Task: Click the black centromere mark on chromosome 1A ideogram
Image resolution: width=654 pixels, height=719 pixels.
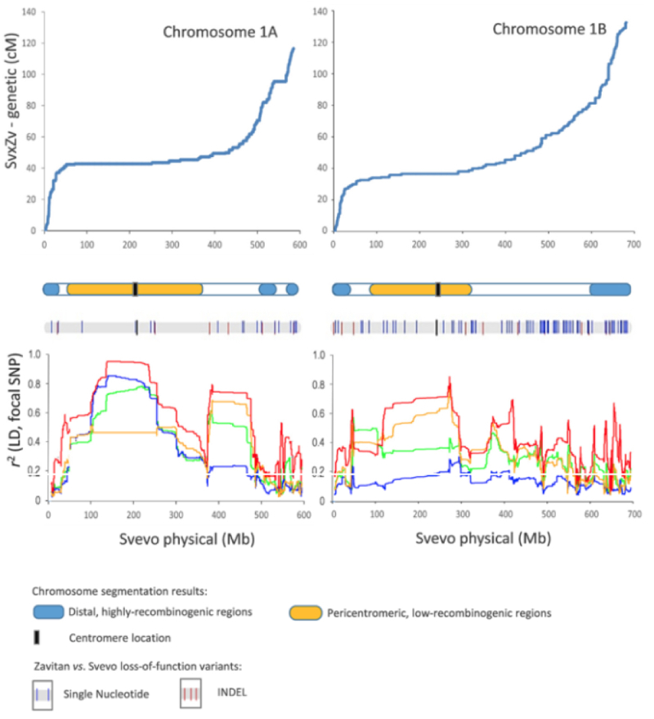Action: coord(136,289)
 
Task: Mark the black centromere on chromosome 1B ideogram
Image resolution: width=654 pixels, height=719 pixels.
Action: coord(439,289)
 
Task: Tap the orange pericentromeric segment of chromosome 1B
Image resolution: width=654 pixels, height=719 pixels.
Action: coord(420,289)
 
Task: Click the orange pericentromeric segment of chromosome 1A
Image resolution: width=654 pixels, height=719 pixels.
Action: coord(135,289)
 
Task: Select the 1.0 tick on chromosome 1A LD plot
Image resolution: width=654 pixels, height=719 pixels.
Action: coord(34,355)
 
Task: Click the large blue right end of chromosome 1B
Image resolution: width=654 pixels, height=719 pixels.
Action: coord(611,289)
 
